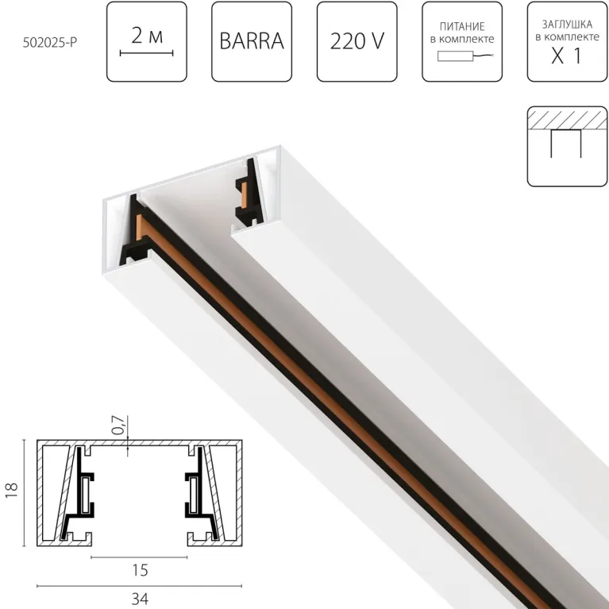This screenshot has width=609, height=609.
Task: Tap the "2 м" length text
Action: [x=146, y=34]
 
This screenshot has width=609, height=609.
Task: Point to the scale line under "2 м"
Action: [x=146, y=53]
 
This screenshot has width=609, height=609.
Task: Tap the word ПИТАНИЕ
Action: [x=461, y=25]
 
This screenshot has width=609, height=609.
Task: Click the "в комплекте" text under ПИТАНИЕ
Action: [x=461, y=39]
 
